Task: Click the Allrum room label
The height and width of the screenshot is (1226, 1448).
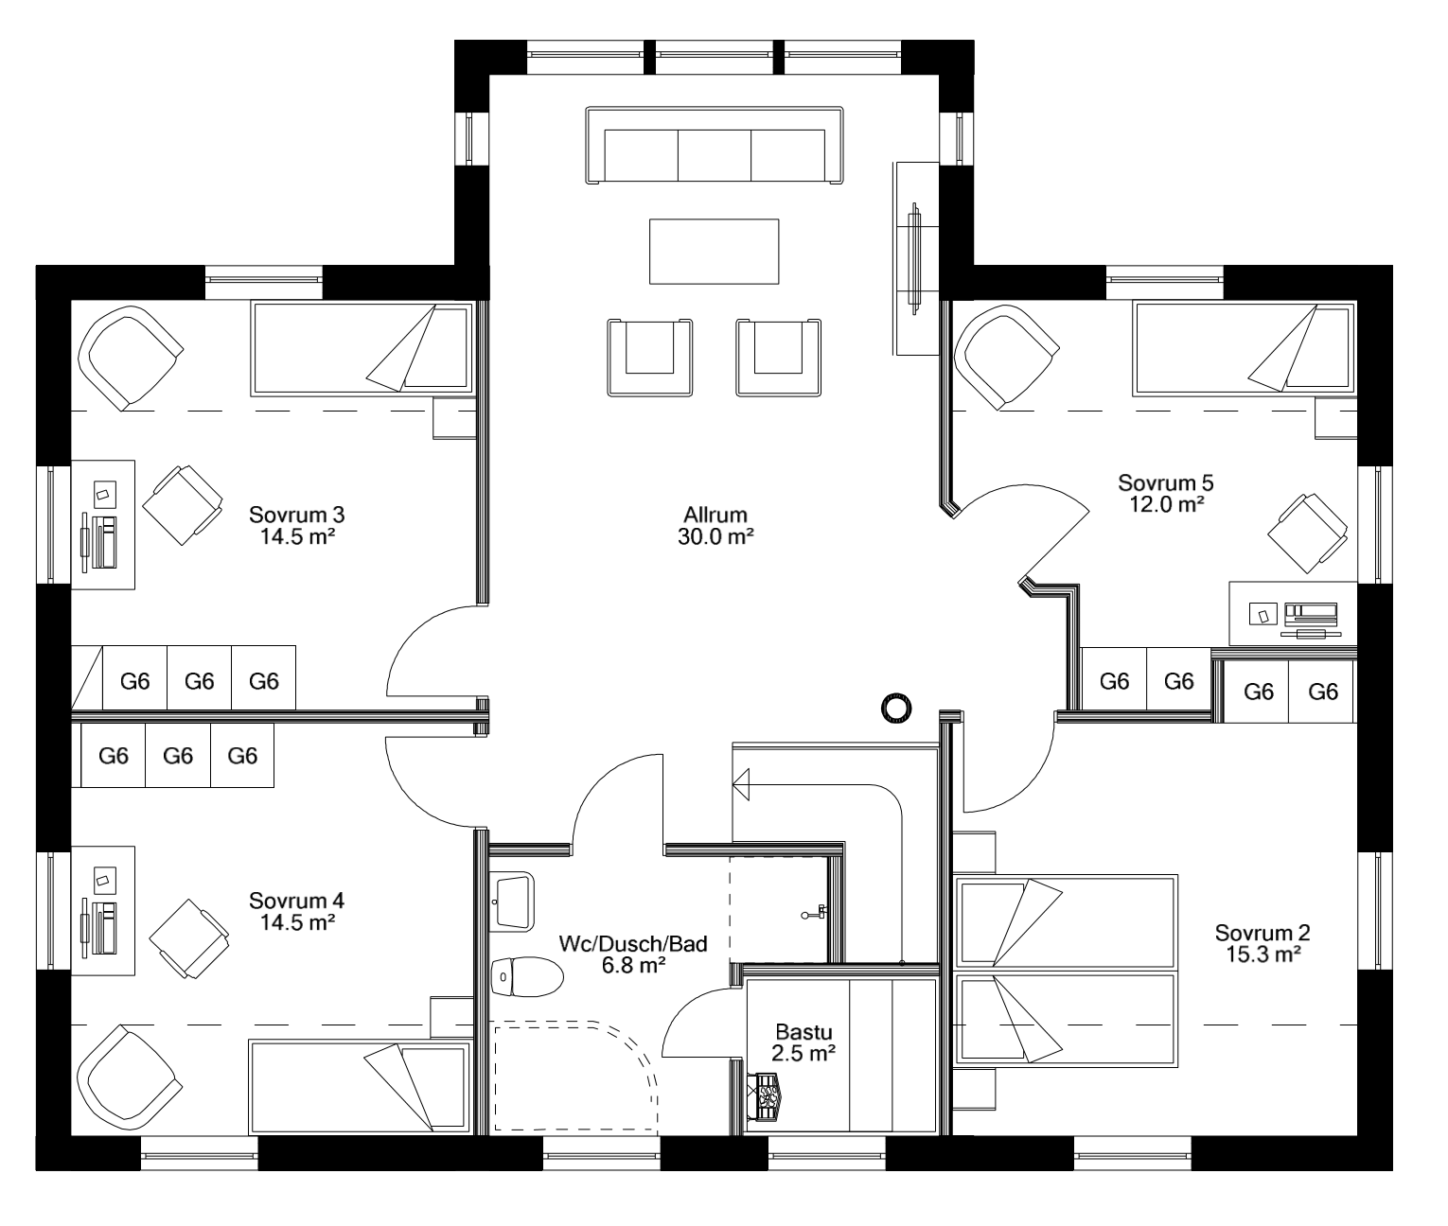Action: tap(715, 516)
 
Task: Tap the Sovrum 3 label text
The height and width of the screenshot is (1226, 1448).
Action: tap(296, 516)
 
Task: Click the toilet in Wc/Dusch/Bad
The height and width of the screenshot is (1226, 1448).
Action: tap(526, 974)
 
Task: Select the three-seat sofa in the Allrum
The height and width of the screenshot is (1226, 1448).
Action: tap(714, 147)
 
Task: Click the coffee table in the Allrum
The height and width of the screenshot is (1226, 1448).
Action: tap(714, 252)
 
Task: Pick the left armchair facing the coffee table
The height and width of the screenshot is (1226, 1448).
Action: tap(649, 357)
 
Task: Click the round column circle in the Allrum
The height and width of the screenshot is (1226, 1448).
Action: tap(895, 707)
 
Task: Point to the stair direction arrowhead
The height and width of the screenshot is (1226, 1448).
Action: tap(741, 784)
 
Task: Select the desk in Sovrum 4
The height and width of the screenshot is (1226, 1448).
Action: tap(104, 910)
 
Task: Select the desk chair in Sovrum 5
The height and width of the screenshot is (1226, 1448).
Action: tap(1310, 535)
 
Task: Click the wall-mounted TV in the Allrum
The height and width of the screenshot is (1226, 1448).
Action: tap(914, 257)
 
